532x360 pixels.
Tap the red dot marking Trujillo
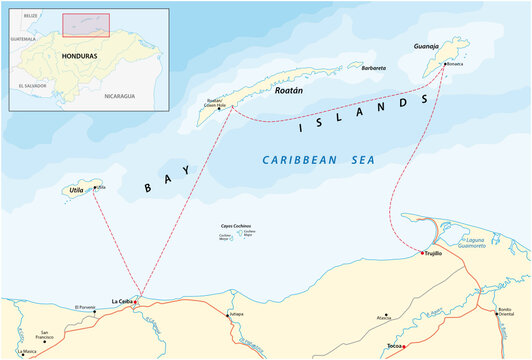point(423,254)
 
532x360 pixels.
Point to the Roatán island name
point(289,89)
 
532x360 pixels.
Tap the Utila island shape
point(76,190)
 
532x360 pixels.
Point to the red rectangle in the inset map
point(85,25)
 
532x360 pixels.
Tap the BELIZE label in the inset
point(31,17)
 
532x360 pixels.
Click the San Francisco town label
point(44,336)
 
